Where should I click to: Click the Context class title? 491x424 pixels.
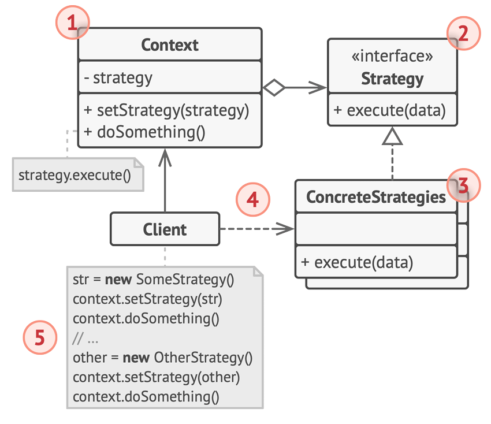click(170, 45)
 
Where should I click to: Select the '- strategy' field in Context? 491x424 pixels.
click(118, 78)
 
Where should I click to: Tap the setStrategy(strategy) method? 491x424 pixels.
click(166, 110)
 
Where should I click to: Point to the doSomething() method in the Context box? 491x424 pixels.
click(144, 132)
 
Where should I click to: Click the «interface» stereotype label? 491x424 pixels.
click(392, 57)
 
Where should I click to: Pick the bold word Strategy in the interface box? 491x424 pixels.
click(392, 79)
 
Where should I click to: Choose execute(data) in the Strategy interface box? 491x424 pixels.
click(389, 110)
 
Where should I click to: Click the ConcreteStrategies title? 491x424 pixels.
click(376, 197)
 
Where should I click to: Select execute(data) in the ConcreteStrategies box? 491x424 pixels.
click(357, 262)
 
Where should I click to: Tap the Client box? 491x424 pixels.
click(165, 229)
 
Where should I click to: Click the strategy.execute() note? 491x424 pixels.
click(78, 174)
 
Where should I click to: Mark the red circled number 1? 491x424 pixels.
click(73, 23)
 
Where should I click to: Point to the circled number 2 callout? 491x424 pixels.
click(463, 33)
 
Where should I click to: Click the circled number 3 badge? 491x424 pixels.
click(463, 185)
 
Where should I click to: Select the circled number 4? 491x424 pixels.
click(252, 199)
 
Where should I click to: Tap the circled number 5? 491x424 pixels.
click(40, 337)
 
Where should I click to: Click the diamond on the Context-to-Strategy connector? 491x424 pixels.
click(274, 87)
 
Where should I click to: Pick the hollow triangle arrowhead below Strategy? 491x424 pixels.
click(392, 136)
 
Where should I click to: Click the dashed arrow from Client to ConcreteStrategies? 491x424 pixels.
click(257, 229)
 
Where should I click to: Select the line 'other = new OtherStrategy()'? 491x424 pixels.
click(162, 358)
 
